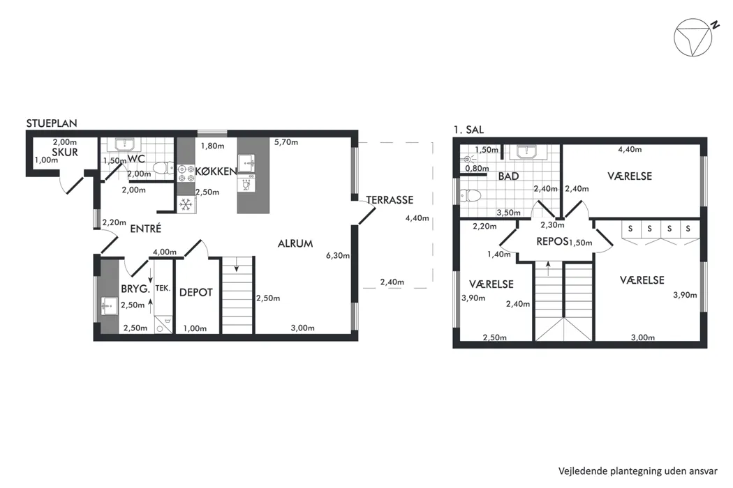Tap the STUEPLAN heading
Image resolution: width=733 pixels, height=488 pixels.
(52, 123)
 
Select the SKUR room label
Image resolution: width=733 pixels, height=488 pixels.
(65, 152)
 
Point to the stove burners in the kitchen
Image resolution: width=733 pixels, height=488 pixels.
(186, 173)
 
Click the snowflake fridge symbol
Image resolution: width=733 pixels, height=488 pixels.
(186, 204)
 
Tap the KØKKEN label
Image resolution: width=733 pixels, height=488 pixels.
(216, 171)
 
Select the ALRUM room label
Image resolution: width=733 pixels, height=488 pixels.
(295, 243)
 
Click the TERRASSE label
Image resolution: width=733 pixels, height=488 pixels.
(390, 200)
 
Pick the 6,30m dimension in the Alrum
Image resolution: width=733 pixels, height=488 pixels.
(338, 255)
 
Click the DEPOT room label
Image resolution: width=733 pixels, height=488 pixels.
(196, 292)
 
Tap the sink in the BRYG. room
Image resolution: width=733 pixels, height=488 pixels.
(110, 306)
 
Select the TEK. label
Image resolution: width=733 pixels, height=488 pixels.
(163, 288)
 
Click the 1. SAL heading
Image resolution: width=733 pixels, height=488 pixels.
(468, 130)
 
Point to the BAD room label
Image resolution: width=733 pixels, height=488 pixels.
(509, 176)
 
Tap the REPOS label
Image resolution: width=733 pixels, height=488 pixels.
(552, 241)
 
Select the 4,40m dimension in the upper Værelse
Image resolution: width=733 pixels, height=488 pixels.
(630, 149)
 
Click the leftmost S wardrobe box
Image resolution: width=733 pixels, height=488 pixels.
(630, 229)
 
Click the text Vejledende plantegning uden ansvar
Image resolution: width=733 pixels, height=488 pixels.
(637, 471)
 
